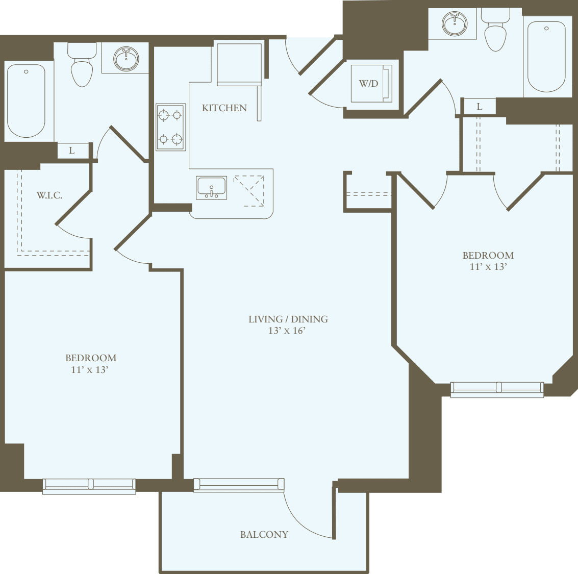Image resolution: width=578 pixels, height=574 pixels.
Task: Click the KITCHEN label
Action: (224, 108)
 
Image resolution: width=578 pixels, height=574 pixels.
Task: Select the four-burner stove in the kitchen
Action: (170, 127)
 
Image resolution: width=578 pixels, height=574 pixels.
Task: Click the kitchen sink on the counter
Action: (211, 187)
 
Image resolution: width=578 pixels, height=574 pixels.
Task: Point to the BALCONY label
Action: (264, 534)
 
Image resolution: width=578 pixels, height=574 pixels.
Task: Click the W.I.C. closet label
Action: (49, 195)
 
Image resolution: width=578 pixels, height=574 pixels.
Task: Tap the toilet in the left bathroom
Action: (82, 66)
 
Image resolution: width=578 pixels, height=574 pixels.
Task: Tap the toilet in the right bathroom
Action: (495, 31)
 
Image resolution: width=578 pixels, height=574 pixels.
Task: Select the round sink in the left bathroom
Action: (126, 58)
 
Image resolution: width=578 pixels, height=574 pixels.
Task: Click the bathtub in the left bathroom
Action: (26, 101)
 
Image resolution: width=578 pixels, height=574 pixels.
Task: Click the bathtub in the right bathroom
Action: (546, 56)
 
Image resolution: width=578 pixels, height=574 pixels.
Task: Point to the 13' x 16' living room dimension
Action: (287, 331)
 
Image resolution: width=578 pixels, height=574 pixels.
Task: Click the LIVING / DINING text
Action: (288, 319)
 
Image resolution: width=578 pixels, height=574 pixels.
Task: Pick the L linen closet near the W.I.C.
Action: (72, 151)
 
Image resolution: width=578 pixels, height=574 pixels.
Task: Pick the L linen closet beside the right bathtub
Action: (479, 107)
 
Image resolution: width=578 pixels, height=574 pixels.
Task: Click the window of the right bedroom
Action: (497, 389)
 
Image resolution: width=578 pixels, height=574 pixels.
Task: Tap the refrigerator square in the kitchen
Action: (239, 64)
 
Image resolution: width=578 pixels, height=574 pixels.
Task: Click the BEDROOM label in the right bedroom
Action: (488, 255)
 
